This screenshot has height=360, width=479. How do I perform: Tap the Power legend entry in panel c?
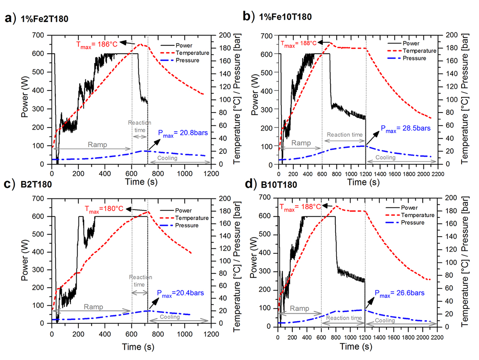[184, 211]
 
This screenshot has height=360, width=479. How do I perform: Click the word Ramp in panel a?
[94, 144]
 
